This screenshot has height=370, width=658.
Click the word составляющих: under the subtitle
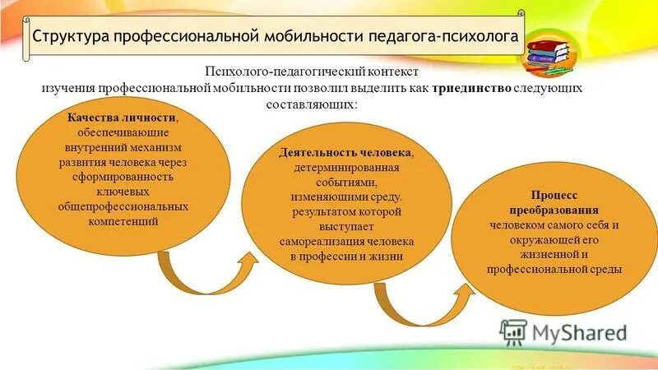[312, 105]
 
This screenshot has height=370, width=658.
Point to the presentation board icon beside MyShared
[513, 331]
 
